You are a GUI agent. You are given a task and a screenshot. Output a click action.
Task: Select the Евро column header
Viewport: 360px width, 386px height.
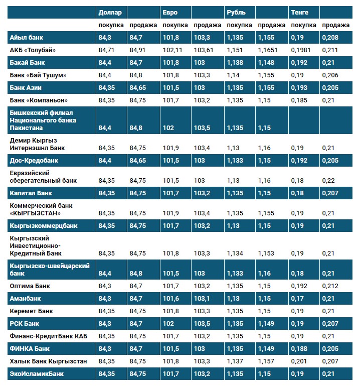[x=170, y=13]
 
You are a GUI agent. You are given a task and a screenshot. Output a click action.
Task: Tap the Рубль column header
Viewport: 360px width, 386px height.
[x=236, y=13]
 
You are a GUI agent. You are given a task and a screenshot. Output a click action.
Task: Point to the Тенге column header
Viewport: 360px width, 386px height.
[x=300, y=13]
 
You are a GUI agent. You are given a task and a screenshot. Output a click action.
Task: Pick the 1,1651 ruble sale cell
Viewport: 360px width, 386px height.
[x=268, y=50]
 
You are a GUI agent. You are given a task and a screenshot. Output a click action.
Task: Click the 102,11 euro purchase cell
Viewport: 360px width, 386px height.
[x=173, y=50]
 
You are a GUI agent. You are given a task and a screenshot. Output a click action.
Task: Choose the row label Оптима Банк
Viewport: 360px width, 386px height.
[x=30, y=286]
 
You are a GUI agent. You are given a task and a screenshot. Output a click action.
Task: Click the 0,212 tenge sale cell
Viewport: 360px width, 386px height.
[x=330, y=286]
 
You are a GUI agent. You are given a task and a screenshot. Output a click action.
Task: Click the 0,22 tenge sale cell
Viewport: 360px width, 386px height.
[x=328, y=180]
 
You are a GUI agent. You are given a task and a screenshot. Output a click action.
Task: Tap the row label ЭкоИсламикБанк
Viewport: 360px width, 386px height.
[x=37, y=374]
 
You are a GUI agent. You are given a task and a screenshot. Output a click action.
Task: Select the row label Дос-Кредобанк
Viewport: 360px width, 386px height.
[x=34, y=161]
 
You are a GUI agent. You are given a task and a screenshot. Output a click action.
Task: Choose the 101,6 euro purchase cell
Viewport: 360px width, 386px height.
[x=171, y=299]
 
